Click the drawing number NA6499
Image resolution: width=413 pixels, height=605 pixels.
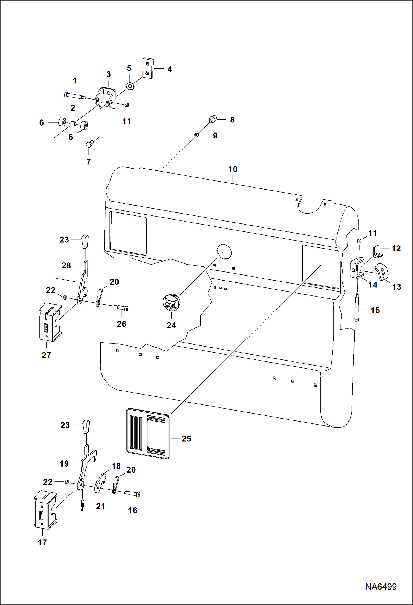(381, 587)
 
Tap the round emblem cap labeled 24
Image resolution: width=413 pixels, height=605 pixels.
(171, 302)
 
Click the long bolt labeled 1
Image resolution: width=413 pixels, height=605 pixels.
(75, 96)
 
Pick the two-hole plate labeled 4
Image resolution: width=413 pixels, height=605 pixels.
(148, 68)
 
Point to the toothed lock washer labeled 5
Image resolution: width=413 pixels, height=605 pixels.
(130, 86)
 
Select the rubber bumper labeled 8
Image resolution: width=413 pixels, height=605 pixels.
(213, 119)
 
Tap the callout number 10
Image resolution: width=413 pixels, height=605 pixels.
(232, 169)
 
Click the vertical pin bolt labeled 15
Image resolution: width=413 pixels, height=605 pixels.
(356, 308)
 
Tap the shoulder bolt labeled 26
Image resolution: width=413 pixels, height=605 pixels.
(121, 308)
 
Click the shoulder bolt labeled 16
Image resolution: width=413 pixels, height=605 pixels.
(133, 494)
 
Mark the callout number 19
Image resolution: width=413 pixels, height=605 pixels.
(64, 464)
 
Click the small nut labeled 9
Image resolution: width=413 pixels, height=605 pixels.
(196, 135)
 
